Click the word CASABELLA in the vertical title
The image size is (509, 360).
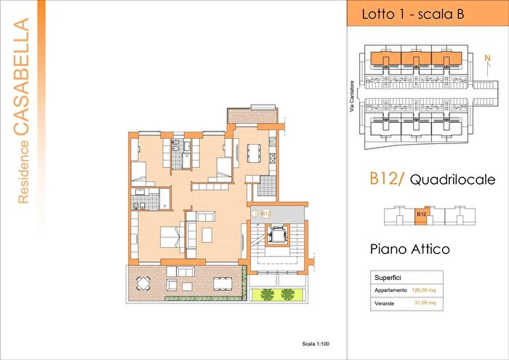click(23, 77)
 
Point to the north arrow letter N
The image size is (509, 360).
click(487, 55)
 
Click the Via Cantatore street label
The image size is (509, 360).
click(351, 95)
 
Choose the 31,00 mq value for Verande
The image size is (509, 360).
click(422, 303)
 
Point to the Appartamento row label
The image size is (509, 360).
click(390, 289)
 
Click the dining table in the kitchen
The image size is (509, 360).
click(254, 153)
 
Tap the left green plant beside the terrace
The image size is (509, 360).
click(267, 294)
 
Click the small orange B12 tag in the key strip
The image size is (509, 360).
click(421, 215)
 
